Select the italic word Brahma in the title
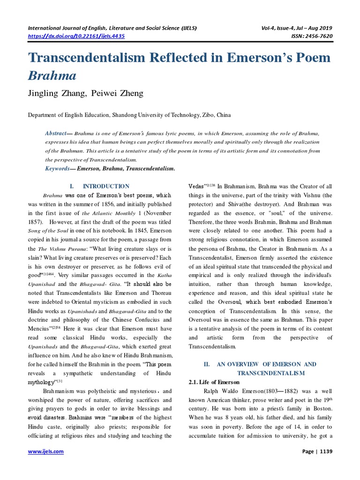pyautogui.click(x=52, y=75)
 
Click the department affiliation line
pyautogui.click(x=129, y=114)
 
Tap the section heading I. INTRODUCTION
pyautogui.click(x=99, y=186)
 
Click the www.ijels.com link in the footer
pyautogui.click(x=46, y=452)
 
